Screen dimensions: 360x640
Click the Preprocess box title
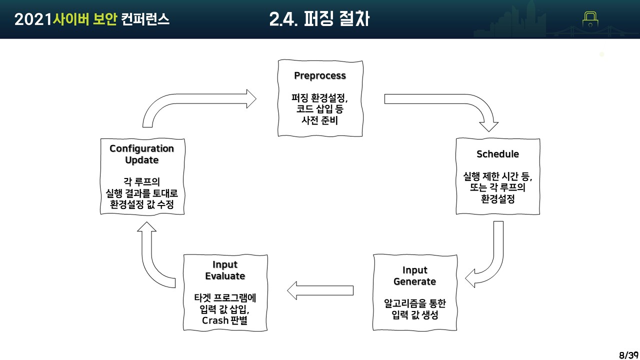coord(320,76)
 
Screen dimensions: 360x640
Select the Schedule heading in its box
coord(497,154)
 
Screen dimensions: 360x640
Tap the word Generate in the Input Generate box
coord(414,281)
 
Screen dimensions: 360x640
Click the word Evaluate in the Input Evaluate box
coord(225,276)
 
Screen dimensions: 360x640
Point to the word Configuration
coord(142,148)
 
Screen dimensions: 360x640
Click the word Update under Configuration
coord(142,160)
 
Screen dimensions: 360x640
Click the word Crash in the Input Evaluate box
coord(215,320)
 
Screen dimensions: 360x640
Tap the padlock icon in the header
coord(590,19)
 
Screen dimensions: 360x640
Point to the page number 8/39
coord(628,355)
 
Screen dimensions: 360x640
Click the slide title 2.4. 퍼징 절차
coord(319,19)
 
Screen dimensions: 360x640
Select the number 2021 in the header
coord(33,19)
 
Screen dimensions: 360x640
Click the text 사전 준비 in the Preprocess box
coord(320,120)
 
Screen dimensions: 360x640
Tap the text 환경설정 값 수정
coord(142,204)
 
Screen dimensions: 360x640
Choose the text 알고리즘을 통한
coord(414,303)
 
